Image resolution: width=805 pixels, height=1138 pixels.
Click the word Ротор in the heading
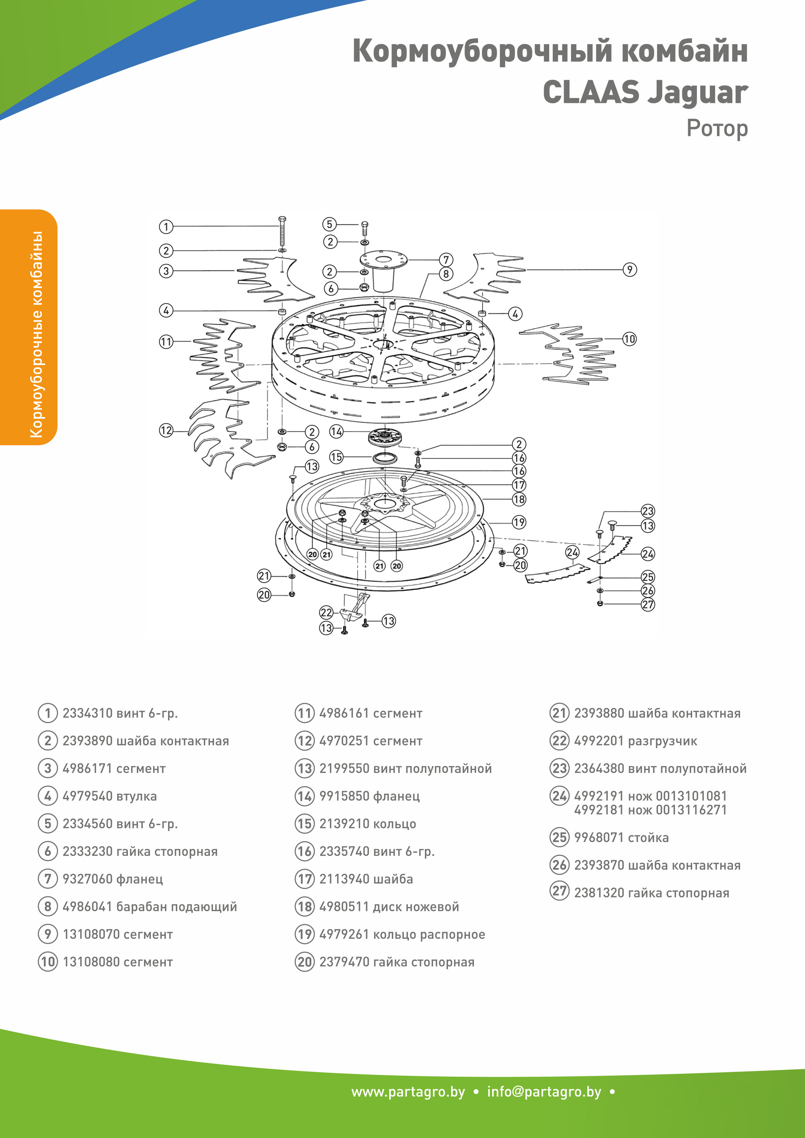(x=717, y=129)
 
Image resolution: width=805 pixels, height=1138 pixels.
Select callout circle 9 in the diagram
(x=629, y=270)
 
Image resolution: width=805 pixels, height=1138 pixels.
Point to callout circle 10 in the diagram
(x=629, y=339)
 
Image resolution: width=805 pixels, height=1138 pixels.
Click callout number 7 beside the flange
(x=446, y=259)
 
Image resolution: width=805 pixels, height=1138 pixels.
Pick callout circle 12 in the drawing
(x=166, y=430)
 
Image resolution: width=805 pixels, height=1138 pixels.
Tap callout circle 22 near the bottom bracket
(x=326, y=613)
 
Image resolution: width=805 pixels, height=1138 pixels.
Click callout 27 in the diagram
(x=648, y=604)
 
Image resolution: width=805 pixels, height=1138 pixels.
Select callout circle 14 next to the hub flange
(x=336, y=431)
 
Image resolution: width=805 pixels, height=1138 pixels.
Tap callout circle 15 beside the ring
(x=336, y=457)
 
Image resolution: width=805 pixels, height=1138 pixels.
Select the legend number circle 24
(x=560, y=796)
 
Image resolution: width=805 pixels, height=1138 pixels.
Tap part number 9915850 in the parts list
(x=344, y=796)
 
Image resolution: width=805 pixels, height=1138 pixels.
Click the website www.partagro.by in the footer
(x=408, y=1092)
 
